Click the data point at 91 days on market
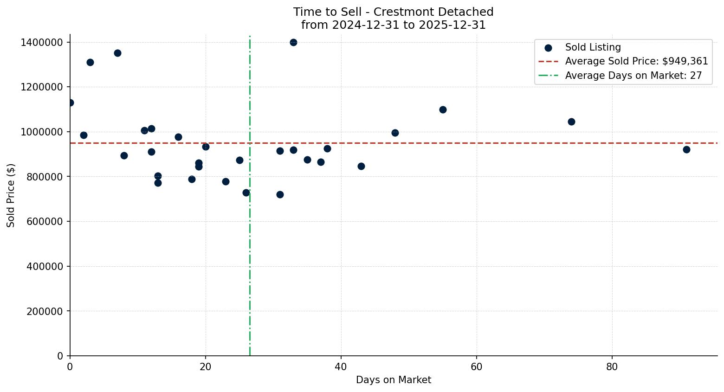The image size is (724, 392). tap(686, 149)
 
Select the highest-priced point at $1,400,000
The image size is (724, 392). tap(293, 42)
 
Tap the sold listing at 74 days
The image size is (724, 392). tap(571, 122)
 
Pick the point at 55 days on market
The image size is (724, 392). tap(443, 109)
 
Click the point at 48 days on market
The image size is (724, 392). tap(395, 133)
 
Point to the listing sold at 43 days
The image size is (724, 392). tap(361, 166)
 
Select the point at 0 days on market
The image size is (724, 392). tap(70, 103)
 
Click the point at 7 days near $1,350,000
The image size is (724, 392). tap(117, 53)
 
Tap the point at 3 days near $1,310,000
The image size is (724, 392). tap(90, 62)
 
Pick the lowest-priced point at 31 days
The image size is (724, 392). tap(280, 194)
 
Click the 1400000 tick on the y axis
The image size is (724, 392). tap(42, 43)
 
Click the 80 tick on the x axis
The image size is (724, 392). tap(612, 366)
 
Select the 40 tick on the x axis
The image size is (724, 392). tap(341, 366)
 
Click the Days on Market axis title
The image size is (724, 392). tap(393, 380)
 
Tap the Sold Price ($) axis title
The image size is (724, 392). tap(11, 195)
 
